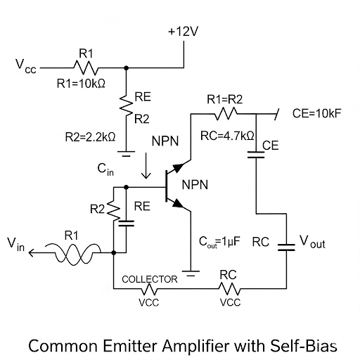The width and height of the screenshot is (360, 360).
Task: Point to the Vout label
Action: click(x=313, y=243)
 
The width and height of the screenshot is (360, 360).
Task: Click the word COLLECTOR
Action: click(x=150, y=279)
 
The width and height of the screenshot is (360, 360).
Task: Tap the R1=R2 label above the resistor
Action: click(x=224, y=99)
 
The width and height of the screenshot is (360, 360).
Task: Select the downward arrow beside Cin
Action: click(x=146, y=169)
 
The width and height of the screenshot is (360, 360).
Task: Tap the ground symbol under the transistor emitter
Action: click(x=191, y=269)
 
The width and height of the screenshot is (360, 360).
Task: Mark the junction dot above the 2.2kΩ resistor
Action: click(x=126, y=68)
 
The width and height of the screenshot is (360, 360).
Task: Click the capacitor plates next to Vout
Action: click(x=287, y=246)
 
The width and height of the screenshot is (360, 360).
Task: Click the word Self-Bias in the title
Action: click(x=308, y=346)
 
